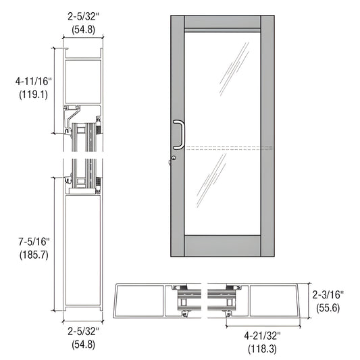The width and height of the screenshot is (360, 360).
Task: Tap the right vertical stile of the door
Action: (265, 135)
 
